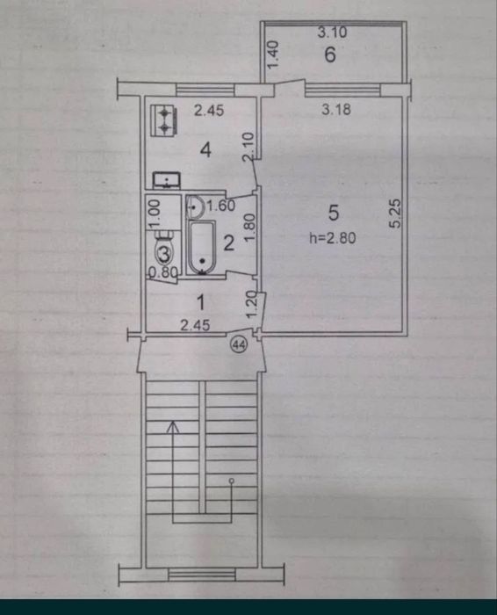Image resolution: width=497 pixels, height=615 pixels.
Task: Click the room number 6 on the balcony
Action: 330,54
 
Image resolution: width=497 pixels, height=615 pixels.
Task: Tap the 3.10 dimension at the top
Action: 332,32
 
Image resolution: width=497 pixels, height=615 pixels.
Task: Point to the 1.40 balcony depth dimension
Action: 273,54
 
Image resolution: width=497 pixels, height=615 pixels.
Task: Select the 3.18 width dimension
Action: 336,110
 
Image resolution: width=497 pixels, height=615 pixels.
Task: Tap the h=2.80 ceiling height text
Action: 333,238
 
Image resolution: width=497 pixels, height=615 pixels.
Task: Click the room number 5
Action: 333,213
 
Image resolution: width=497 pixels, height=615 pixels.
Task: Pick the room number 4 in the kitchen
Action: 205,149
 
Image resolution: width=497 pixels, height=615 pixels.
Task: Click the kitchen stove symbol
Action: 164,121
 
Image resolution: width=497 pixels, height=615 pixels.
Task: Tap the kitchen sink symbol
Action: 168,180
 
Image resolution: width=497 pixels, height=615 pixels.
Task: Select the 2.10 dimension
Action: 248,147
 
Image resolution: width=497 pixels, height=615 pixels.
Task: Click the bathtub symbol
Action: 202,248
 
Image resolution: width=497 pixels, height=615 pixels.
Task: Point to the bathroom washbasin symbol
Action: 195,206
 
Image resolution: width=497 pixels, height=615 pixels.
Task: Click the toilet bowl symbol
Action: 165,250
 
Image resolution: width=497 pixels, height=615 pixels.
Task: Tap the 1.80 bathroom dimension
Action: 251,228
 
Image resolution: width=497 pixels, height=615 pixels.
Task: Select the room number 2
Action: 228,243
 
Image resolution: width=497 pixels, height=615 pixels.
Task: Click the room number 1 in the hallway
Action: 201,302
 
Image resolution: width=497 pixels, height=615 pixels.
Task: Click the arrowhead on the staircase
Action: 173,427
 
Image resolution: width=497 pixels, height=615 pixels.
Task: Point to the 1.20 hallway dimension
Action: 252,305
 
